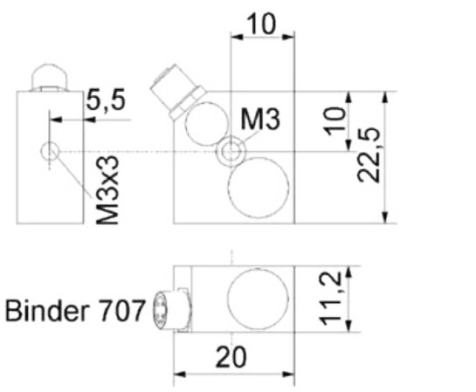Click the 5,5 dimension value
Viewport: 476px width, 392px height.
(x=106, y=100)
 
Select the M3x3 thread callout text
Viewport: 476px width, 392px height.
(x=107, y=190)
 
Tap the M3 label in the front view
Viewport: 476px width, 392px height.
(x=260, y=120)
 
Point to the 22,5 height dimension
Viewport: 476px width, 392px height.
(x=369, y=155)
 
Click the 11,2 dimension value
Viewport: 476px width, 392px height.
(x=331, y=299)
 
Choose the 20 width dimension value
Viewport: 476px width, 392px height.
(x=231, y=357)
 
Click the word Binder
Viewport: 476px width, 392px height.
(x=47, y=311)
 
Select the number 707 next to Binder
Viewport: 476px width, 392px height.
(x=121, y=311)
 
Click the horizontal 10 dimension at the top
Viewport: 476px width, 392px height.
(x=261, y=24)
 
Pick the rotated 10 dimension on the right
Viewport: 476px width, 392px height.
(x=335, y=121)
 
